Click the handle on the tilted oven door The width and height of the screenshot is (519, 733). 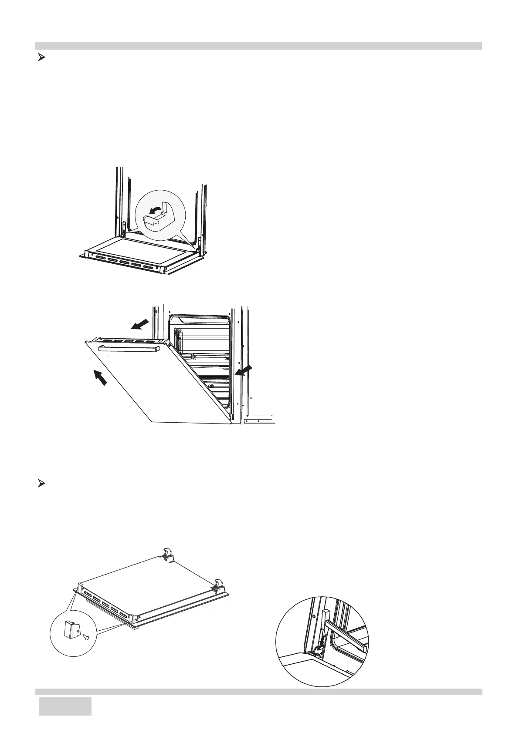[127, 349]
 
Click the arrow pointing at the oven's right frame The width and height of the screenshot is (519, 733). [243, 370]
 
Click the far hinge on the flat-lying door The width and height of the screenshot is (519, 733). [167, 554]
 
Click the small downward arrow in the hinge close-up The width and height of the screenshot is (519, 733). [321, 643]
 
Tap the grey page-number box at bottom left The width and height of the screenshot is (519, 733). [65, 713]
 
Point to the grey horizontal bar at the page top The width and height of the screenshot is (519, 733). [258, 46]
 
